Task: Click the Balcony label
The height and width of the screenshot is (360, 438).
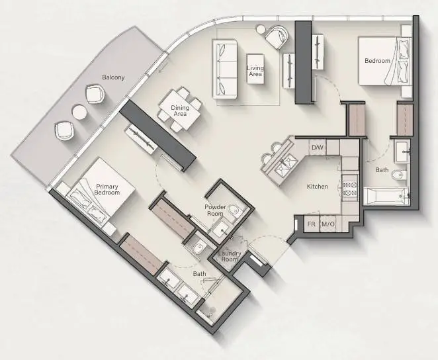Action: click(113, 77)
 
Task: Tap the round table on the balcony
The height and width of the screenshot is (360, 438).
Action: click(79, 112)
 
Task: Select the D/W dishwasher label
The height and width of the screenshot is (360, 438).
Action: click(317, 147)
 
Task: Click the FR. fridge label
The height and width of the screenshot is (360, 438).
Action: click(312, 224)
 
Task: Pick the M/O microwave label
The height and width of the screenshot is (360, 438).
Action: click(328, 224)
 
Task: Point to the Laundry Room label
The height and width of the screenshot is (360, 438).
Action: click(230, 256)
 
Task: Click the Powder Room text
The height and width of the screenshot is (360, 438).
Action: click(215, 210)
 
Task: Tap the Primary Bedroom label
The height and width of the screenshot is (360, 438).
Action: click(107, 189)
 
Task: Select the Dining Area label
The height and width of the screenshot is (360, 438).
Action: click(180, 111)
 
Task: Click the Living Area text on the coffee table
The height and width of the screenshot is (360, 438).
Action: click(255, 71)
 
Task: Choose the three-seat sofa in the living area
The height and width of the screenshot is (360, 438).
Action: click(225, 69)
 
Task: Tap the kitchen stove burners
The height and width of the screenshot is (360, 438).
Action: click(350, 189)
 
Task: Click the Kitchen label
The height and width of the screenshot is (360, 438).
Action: click(318, 186)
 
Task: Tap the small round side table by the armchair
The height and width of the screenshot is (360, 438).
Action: click(261, 29)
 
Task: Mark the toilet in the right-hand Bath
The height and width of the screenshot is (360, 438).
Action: click(399, 175)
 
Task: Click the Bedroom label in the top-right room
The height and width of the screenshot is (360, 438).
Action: click(377, 61)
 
